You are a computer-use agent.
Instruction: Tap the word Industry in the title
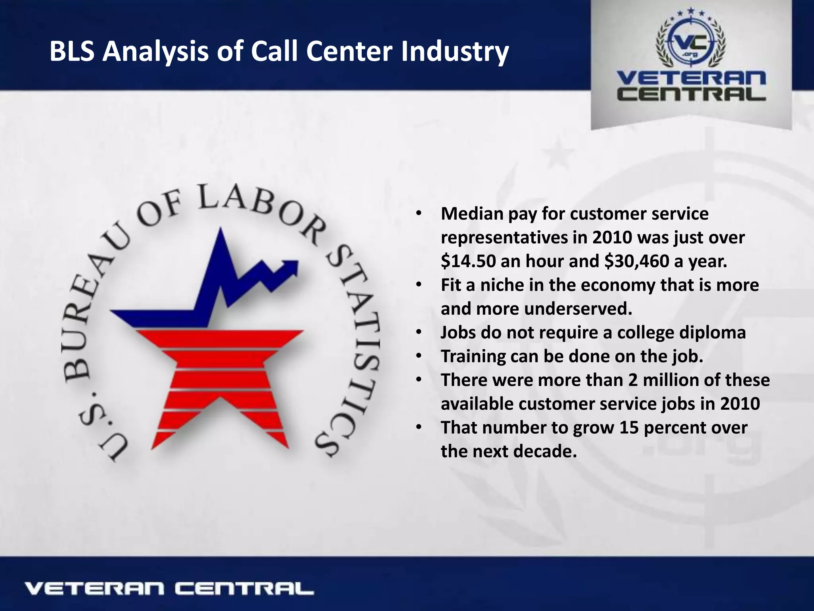[x=455, y=52]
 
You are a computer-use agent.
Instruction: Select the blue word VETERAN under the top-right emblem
[x=691, y=79]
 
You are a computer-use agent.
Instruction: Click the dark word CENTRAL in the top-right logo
[x=691, y=94]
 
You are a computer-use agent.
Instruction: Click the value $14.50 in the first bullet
[x=468, y=261]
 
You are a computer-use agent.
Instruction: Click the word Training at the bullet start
[x=473, y=356]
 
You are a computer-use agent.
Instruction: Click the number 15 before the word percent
[x=628, y=428]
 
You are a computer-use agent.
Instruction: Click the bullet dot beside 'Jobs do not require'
[x=418, y=333]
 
